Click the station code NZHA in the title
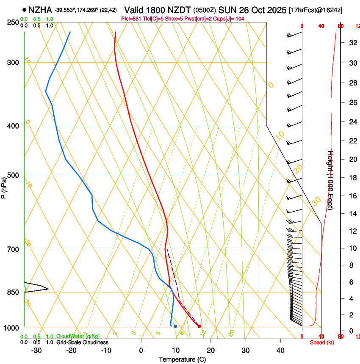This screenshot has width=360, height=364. click(x=41, y=10)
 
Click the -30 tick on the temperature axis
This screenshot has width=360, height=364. click(x=36, y=350)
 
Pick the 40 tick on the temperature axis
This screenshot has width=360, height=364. click(x=280, y=350)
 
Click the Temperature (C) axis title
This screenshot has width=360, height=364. click(x=182, y=360)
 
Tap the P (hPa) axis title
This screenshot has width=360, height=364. click(x=4, y=187)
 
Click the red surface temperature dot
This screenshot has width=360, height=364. click(x=199, y=326)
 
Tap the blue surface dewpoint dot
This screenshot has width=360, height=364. click(x=175, y=326)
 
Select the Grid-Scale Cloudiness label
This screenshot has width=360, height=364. click(x=82, y=342)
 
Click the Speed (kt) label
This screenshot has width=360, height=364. click(x=321, y=342)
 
